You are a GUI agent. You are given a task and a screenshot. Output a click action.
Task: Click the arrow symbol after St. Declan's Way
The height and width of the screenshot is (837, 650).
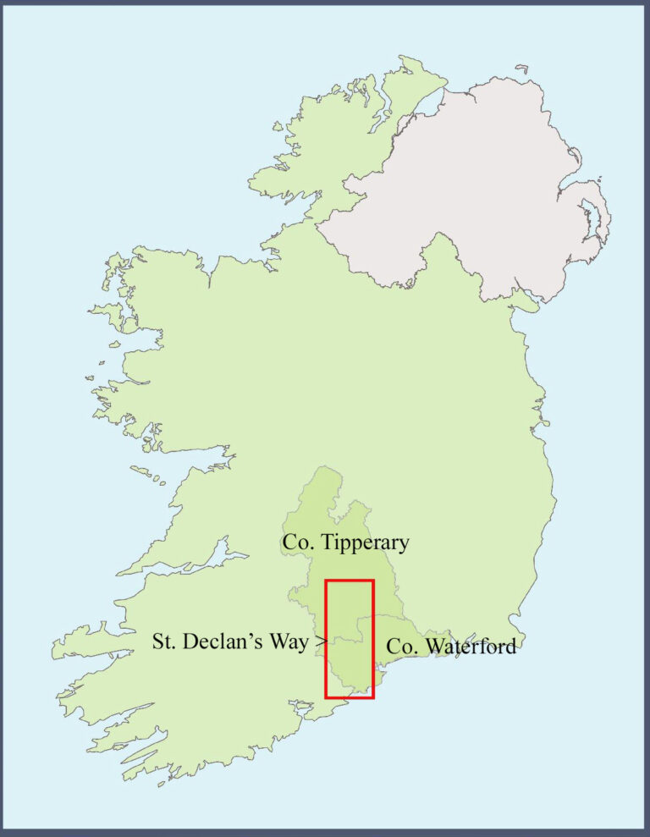click(x=321, y=642)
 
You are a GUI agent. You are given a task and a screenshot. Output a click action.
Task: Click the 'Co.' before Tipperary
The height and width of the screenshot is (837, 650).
click(x=298, y=542)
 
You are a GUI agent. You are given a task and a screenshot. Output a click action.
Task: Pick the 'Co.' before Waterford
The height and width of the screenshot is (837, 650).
click(x=401, y=647)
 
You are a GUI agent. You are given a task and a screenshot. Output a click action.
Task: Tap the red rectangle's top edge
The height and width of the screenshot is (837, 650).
click(x=350, y=581)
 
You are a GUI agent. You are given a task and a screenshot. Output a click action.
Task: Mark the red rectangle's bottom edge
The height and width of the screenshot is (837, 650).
click(x=350, y=697)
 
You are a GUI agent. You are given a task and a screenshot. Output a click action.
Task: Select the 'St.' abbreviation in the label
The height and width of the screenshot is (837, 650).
click(x=163, y=642)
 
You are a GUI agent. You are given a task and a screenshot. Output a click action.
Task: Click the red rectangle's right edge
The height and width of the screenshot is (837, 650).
click(x=372, y=639)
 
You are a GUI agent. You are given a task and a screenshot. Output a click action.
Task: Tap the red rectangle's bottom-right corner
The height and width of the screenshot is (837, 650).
click(x=372, y=697)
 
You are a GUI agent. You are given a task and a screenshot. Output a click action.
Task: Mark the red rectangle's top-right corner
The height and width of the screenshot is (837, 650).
click(x=372, y=581)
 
